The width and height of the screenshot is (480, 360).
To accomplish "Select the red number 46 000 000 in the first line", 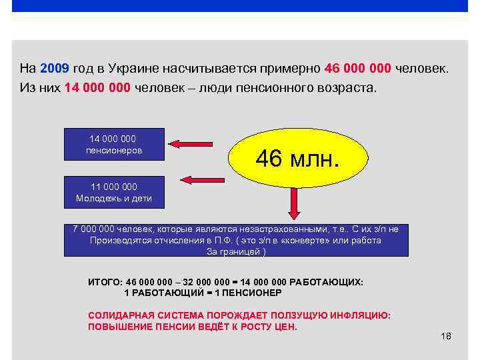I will coord(358,69).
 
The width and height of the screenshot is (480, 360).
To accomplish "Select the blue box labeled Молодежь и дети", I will coord(113,192).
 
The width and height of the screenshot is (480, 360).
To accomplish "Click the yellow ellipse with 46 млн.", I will coord(298,159).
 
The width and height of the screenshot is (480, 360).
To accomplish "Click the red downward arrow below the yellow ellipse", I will coord(293,203).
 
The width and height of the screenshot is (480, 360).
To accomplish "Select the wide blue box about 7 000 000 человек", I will coord(235,240).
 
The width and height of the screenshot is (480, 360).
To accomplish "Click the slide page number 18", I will coord(446,336).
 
